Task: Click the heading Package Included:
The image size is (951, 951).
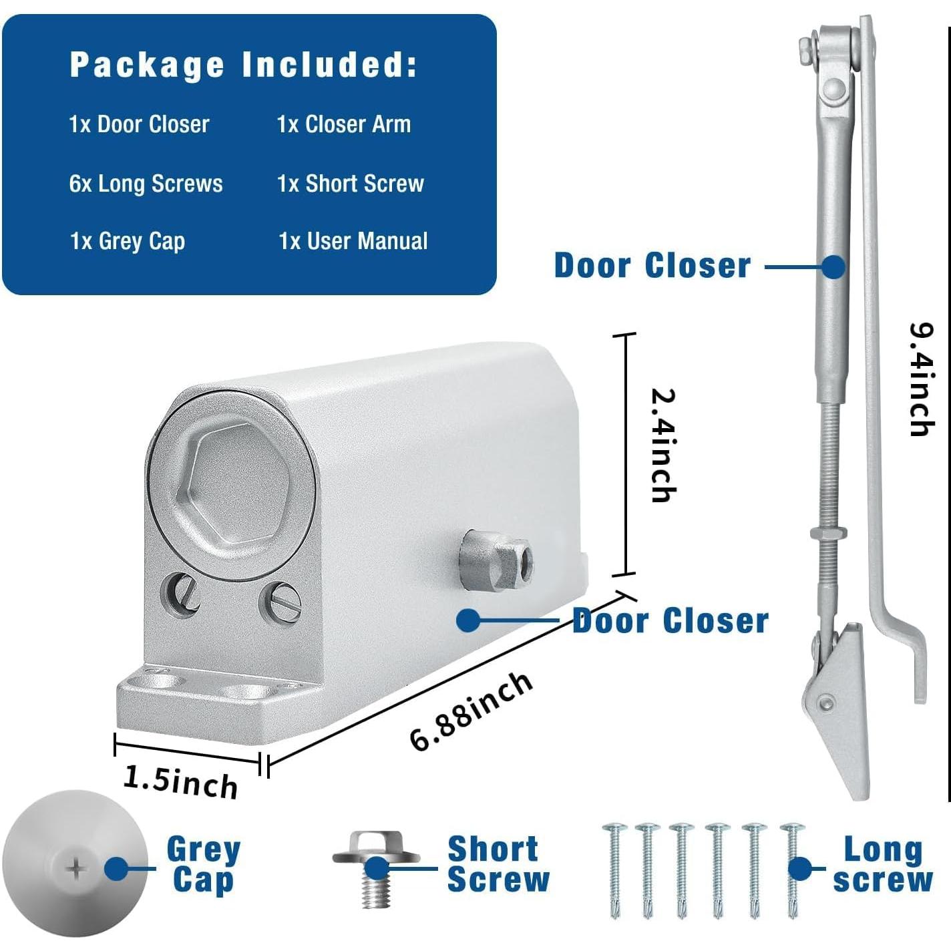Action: [x=243, y=65]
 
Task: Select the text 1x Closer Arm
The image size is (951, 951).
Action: [x=344, y=124]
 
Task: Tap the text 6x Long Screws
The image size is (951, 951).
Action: [x=146, y=184]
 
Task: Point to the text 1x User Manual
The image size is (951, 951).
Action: [x=353, y=241]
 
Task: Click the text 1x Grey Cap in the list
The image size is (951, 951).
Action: [x=128, y=241]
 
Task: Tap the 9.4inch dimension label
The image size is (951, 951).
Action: [x=922, y=379]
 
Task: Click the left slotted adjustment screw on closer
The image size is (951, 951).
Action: [x=180, y=592]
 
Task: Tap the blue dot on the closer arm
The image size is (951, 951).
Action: [x=833, y=267]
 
